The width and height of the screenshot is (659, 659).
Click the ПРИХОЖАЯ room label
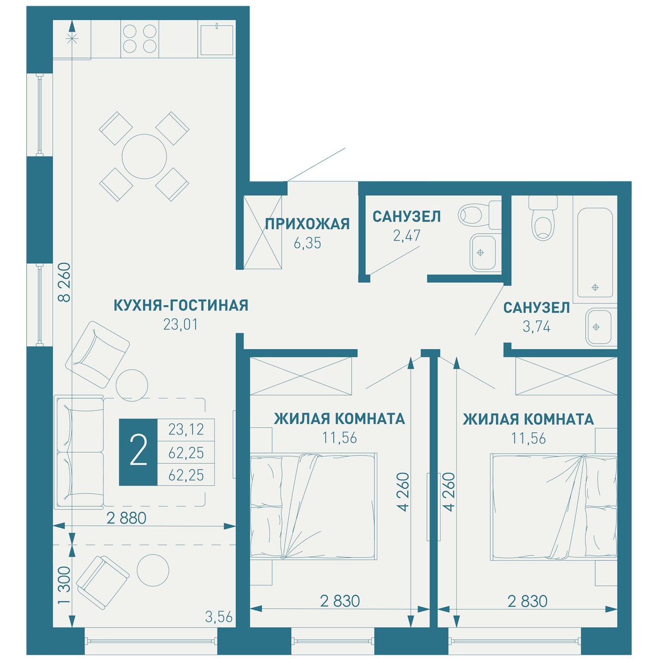[307, 224]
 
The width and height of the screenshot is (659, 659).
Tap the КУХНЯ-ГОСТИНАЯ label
[181, 305]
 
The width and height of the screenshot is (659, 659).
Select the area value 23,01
[181, 324]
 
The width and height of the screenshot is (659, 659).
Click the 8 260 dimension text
[64, 282]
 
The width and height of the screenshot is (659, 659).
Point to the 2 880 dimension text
[126, 518]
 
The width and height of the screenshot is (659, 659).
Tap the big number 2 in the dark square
[138, 452]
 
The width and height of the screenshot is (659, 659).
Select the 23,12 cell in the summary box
[186, 429]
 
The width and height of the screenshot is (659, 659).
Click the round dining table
[144, 157]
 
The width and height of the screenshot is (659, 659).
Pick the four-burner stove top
[140, 39]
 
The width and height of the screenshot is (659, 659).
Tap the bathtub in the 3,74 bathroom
[595, 252]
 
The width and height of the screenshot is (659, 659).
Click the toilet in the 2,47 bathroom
[479, 215]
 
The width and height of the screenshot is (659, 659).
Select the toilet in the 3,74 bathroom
[543, 217]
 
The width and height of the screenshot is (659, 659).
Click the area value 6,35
[307, 243]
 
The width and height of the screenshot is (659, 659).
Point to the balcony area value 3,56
[219, 617]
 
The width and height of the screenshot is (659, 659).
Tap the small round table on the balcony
[153, 570]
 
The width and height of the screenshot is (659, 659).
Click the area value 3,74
[536, 327]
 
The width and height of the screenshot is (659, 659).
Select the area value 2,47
[407, 236]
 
